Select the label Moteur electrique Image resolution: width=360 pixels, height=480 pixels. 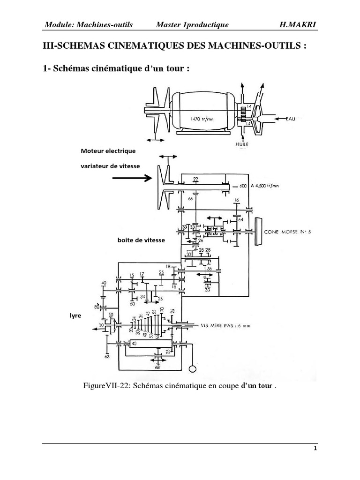click(108, 151)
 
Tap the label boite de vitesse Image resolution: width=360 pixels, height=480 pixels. click(141, 240)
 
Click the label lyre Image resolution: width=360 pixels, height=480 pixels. click(75, 316)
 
